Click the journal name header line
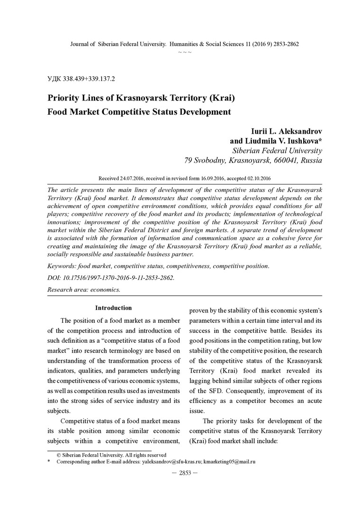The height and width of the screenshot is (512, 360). [184, 44]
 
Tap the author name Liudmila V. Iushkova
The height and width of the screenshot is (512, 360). [284, 141]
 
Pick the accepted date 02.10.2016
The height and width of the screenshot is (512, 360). [257, 178]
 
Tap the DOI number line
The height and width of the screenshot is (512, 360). [111, 277]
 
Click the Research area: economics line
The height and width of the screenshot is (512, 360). [84, 289]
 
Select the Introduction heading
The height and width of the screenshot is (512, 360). [114, 308]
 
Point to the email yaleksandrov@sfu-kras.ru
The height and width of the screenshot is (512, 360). [171, 461]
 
